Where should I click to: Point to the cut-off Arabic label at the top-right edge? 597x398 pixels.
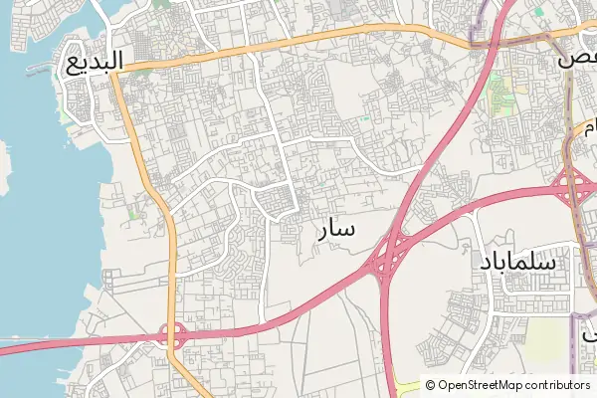(x=579, y=57)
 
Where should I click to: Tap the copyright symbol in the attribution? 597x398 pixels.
(x=431, y=385)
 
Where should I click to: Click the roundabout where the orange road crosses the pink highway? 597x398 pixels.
(x=176, y=335)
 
